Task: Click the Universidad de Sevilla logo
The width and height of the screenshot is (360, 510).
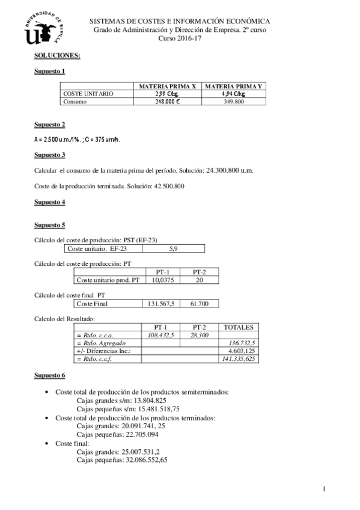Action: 43,28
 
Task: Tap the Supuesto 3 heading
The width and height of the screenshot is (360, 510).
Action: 50,155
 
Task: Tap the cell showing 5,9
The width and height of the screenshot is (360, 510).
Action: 174,248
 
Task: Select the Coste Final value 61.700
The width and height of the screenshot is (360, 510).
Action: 200,304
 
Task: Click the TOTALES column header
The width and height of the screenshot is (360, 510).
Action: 239,327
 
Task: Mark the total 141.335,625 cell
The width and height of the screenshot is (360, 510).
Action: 239,358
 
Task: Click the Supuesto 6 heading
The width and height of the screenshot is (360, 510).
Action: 50,376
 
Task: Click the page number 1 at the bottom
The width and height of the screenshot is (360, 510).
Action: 324,488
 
